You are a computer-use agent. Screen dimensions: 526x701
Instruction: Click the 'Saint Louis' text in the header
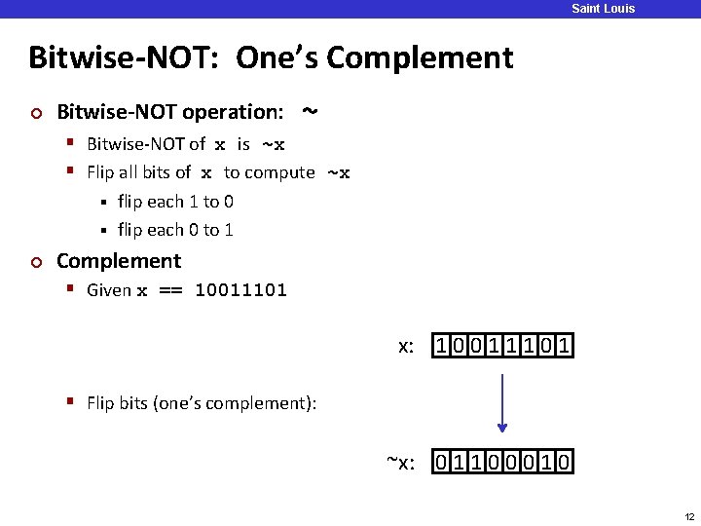pyautogui.click(x=603, y=9)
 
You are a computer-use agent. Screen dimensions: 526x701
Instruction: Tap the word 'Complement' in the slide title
pyautogui.click(x=420, y=57)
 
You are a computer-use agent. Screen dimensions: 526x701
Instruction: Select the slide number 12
pyautogui.click(x=688, y=515)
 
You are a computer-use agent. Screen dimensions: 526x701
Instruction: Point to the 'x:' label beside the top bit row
pyautogui.click(x=407, y=346)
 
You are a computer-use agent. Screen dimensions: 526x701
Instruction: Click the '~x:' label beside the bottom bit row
pyautogui.click(x=401, y=461)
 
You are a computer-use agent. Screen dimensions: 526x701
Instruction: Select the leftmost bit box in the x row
pyautogui.click(x=442, y=346)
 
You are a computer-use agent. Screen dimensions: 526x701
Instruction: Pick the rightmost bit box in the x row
pyautogui.click(x=565, y=346)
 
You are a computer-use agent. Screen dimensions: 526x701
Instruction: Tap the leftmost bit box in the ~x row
pyautogui.click(x=442, y=461)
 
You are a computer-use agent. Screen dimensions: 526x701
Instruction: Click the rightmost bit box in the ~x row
pyautogui.click(x=565, y=461)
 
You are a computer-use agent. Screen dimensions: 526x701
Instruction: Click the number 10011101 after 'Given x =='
pyautogui.click(x=240, y=290)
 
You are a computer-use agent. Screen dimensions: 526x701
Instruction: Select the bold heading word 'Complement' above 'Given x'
pyautogui.click(x=119, y=261)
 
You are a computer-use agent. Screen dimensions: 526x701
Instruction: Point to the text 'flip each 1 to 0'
pyautogui.click(x=175, y=202)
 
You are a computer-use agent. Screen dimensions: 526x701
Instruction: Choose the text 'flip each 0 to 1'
pyautogui.click(x=175, y=230)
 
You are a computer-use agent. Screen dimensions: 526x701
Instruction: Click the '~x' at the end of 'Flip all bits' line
pyautogui.click(x=338, y=173)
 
